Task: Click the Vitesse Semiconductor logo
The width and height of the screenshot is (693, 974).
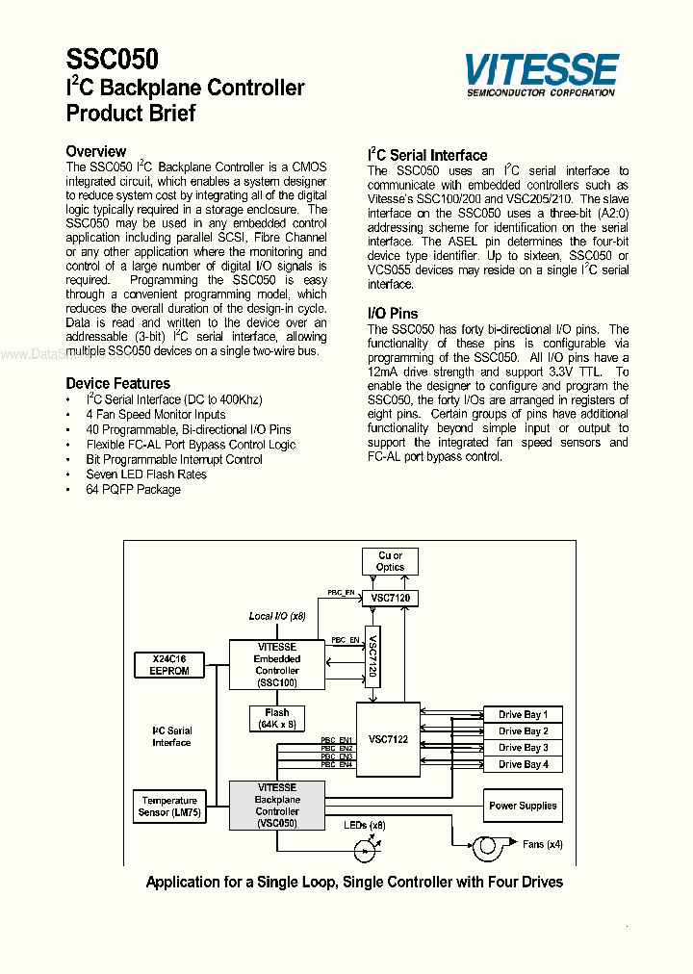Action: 540,74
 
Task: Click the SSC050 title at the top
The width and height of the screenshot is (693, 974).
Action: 113,61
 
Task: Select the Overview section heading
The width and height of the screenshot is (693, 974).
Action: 95,151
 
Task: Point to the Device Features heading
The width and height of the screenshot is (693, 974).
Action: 117,383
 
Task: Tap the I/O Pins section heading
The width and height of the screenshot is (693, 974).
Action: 393,314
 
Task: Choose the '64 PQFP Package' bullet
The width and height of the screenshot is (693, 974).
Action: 133,490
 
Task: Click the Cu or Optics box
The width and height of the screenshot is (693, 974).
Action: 390,561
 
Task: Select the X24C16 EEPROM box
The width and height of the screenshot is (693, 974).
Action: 170,664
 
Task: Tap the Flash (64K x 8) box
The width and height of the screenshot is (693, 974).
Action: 276,719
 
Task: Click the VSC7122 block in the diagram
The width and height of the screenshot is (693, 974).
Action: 388,737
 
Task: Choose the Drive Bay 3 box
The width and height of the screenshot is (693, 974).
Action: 523,748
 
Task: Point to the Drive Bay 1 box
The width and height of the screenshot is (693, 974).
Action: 523,715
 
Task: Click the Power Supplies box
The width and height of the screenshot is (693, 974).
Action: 523,807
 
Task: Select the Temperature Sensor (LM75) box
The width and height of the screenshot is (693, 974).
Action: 169,807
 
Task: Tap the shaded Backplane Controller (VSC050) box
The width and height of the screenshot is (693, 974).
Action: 276,806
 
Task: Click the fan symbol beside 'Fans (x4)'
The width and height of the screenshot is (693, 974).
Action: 486,846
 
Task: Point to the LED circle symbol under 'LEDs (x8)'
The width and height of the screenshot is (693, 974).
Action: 364,850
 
